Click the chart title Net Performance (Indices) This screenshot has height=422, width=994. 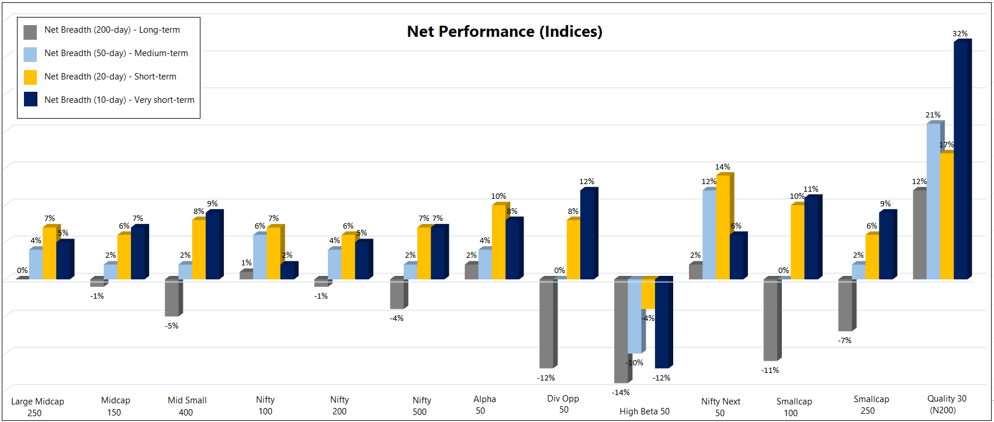coord(504,32)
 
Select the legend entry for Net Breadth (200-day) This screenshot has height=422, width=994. coord(112,30)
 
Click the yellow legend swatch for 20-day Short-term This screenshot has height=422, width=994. coord(30,77)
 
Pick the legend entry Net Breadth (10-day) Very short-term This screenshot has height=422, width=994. coord(119,100)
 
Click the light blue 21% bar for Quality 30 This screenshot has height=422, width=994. coord(933,202)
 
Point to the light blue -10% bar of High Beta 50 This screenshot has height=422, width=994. coord(635,316)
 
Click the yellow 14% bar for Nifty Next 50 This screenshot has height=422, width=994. coord(723,227)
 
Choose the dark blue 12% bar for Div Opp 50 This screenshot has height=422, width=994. coord(587,234)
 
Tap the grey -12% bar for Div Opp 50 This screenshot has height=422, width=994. coord(546,324)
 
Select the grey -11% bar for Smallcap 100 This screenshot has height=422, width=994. coord(770,320)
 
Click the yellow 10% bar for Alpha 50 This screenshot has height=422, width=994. coord(498,242)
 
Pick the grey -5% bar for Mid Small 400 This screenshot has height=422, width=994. coord(171,298)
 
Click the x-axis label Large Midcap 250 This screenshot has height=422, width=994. coord(37,407)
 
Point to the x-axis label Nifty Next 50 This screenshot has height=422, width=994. coord(721,407)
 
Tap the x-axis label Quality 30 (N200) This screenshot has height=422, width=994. coord(947,404)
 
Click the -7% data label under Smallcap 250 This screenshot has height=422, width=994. coord(845,341)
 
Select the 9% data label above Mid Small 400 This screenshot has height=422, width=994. coord(213,204)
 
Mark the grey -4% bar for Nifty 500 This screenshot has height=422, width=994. coord(397,294)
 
